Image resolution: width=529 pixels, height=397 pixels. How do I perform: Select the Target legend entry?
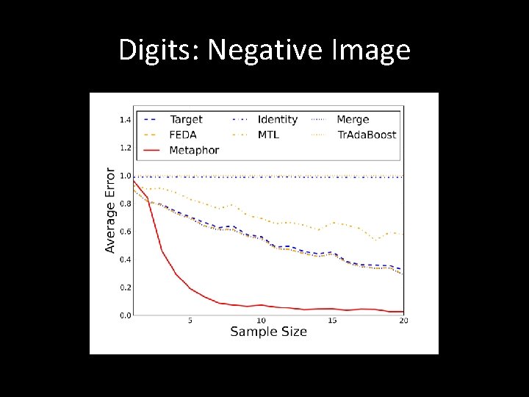pos(186,120)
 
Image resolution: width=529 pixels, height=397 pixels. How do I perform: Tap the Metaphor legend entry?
pos(194,150)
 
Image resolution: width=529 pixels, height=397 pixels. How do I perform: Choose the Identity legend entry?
pos(278,120)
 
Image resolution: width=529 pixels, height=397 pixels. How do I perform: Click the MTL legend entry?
pos(268,135)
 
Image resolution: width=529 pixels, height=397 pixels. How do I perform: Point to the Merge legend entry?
pos(353,120)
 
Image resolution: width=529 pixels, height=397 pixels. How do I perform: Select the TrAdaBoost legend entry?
pos(367,135)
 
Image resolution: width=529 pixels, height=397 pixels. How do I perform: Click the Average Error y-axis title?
pos(110,210)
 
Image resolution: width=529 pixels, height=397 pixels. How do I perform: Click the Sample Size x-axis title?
pos(268,332)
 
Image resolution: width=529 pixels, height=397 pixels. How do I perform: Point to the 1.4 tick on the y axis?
pos(125,120)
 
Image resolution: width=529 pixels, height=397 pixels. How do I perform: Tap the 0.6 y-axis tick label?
pos(125,232)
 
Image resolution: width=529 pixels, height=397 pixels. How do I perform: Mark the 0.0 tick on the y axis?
pos(125,315)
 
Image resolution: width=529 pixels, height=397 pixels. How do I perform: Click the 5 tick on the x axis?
pos(190,321)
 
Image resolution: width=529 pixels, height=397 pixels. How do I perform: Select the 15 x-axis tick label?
pos(332,321)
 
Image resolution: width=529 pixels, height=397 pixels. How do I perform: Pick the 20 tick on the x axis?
pos(403,321)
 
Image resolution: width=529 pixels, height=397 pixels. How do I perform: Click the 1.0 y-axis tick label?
pos(125,176)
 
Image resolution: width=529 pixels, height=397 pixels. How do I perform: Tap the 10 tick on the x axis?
pos(261,321)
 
